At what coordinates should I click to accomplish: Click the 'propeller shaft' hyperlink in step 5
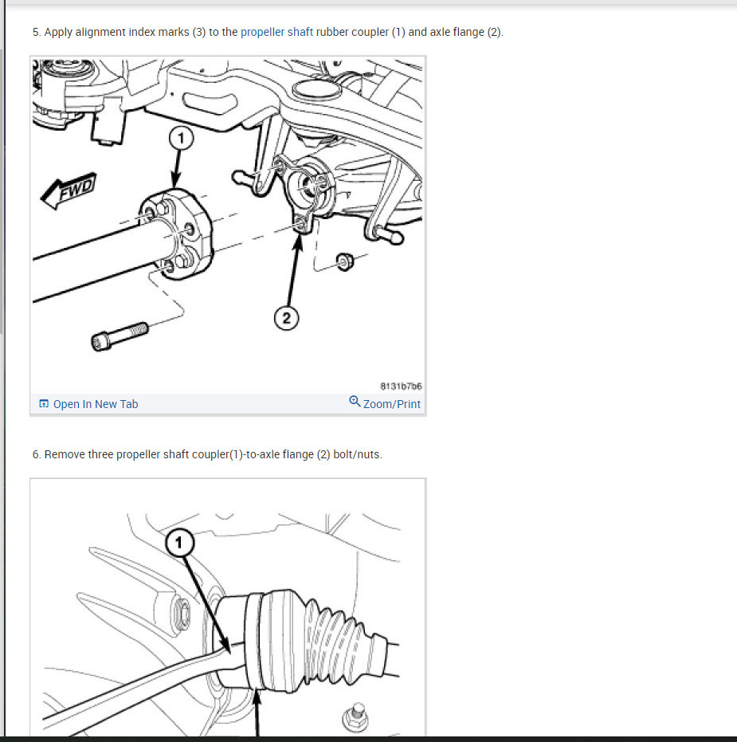276,32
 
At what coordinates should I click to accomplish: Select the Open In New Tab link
95,404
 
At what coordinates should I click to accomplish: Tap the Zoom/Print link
392,404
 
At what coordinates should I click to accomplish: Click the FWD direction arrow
69,190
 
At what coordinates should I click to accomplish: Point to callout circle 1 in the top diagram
181,138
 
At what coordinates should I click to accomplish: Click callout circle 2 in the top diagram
286,317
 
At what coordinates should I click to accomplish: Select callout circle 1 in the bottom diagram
179,542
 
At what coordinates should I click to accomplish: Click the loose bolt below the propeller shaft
120,336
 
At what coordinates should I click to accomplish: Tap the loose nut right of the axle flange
345,261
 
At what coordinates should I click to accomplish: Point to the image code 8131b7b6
401,386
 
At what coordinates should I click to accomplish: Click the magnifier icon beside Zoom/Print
355,402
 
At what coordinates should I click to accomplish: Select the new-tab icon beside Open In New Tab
44,403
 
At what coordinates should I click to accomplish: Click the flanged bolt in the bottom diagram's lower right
355,718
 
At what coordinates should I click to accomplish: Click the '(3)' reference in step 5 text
199,32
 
